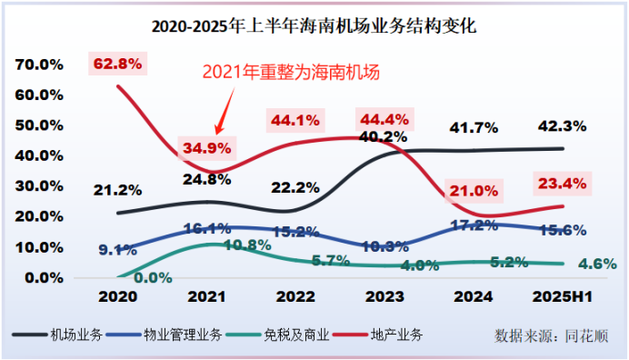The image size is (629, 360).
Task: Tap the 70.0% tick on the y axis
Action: tap(38, 65)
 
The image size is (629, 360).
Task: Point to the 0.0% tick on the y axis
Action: tap(42, 277)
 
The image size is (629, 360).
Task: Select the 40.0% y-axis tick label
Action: tap(38, 155)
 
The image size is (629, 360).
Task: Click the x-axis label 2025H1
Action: tap(559, 296)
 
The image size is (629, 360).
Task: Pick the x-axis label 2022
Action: tap(295, 296)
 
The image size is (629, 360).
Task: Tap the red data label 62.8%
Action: tap(117, 64)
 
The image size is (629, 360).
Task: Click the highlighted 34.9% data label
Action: tap(207, 146)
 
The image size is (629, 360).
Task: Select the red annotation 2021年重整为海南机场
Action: tap(288, 73)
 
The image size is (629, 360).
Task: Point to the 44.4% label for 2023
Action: tap(383, 118)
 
